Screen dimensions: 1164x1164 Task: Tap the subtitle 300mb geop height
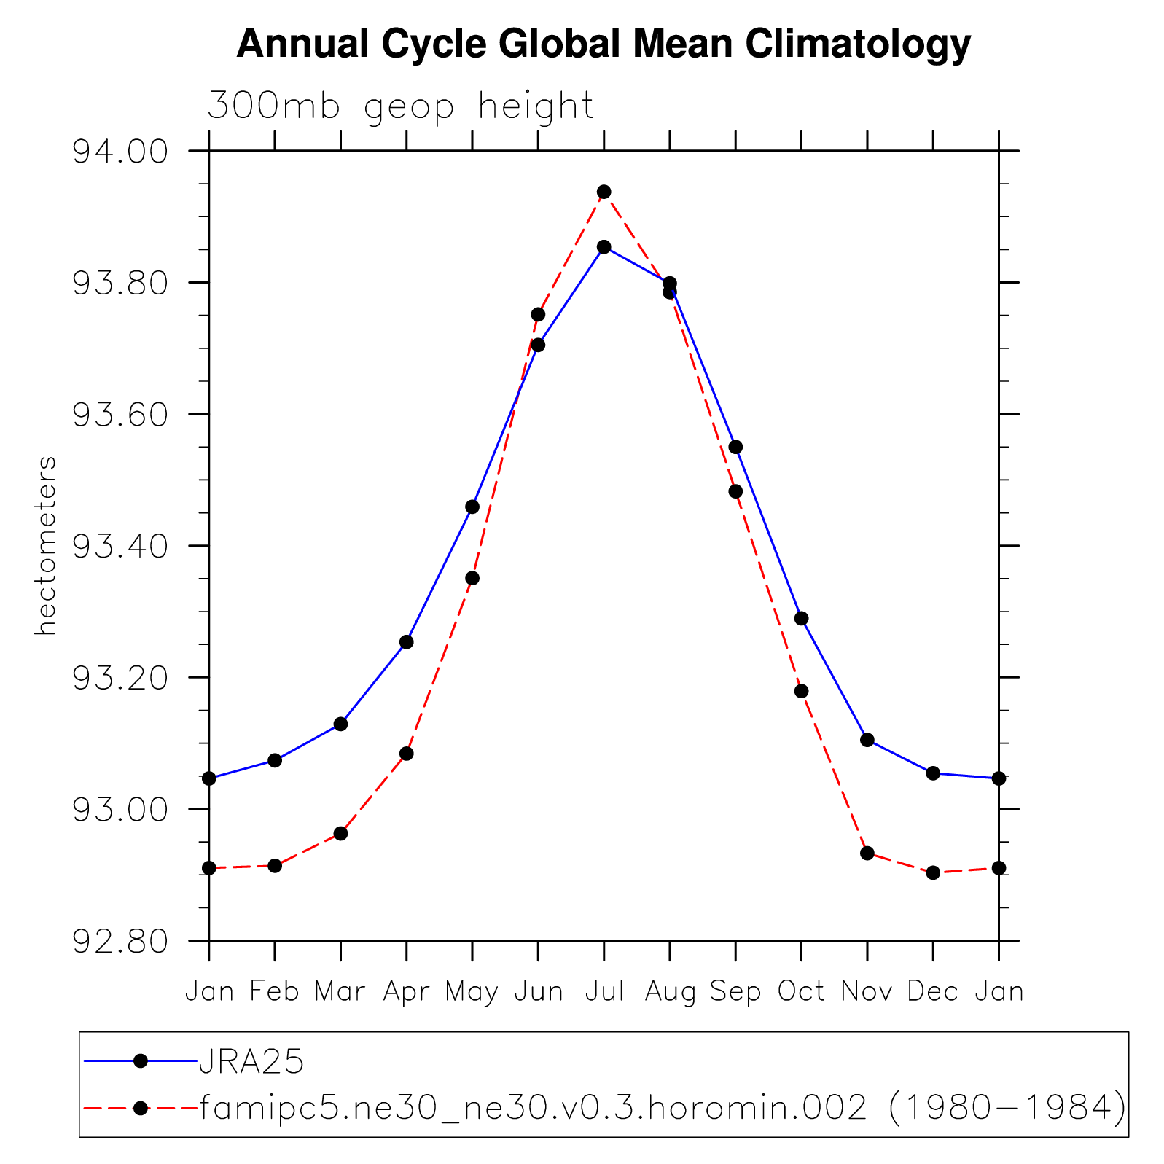tap(401, 106)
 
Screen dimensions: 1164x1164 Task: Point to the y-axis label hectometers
tap(45, 545)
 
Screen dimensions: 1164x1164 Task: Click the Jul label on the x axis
tap(604, 992)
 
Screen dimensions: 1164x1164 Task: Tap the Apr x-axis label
tap(406, 992)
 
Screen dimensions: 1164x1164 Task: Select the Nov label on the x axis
tap(867, 992)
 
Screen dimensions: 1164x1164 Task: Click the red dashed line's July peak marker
tap(604, 192)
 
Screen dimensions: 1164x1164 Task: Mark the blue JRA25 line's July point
tap(604, 247)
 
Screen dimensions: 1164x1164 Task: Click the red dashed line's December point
tap(933, 872)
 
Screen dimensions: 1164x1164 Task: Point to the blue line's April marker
tap(407, 642)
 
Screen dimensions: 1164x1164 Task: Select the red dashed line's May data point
tap(472, 578)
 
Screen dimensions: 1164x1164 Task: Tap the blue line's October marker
tap(801, 619)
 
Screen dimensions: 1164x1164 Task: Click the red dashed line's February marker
tap(275, 866)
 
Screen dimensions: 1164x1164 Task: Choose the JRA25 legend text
tap(251, 1063)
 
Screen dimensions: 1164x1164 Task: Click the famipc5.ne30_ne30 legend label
tap(662, 1109)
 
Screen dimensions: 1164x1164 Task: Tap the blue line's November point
tap(867, 740)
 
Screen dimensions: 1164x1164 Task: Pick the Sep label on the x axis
tap(735, 992)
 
